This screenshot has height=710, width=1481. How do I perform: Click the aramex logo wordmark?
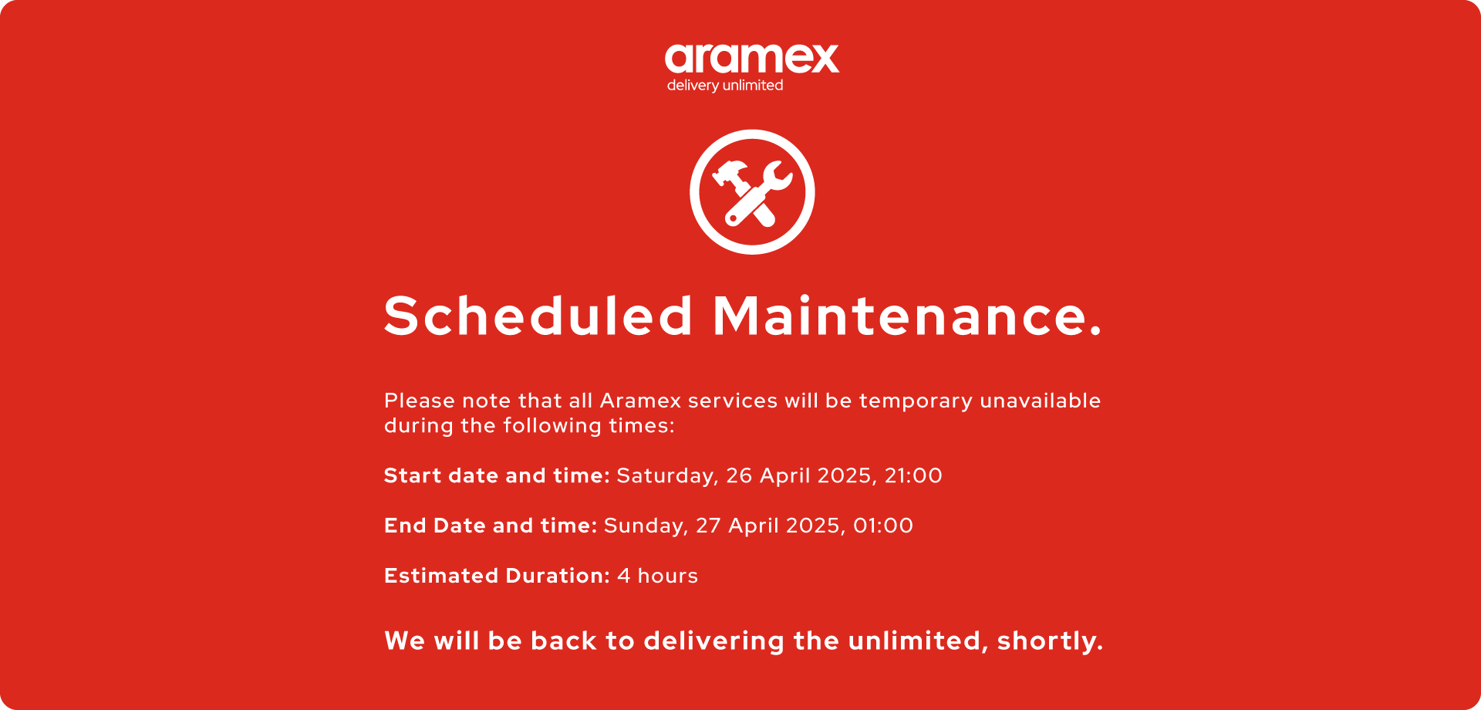point(752,59)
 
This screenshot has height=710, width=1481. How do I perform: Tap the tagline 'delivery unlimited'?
point(725,86)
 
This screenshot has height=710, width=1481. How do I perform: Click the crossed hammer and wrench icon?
point(752,192)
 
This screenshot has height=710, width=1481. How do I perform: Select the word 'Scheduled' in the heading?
point(538,316)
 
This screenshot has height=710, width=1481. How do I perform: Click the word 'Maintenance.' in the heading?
point(907,316)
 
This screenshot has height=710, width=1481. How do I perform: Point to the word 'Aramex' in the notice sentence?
point(641,401)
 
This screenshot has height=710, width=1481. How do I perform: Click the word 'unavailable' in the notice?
point(1041,401)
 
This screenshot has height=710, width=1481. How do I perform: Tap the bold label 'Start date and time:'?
point(497,475)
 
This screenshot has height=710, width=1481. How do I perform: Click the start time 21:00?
point(913,475)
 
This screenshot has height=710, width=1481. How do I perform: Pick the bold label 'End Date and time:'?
point(491,526)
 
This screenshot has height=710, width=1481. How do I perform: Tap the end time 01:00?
point(883,526)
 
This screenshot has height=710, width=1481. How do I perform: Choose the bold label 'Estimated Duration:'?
point(497,576)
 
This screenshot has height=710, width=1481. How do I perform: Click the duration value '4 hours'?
point(657,576)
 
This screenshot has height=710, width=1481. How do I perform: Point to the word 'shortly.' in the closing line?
point(1050,641)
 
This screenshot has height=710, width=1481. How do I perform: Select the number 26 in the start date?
point(739,475)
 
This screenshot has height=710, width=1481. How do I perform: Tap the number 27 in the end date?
point(708,526)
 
